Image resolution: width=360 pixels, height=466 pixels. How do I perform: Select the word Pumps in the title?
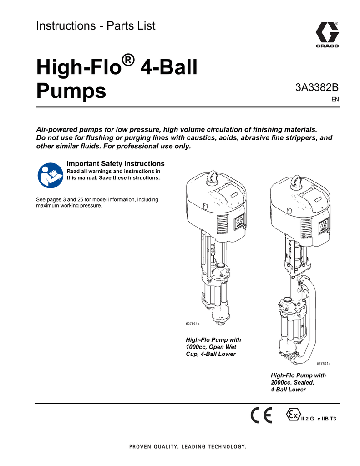(71, 91)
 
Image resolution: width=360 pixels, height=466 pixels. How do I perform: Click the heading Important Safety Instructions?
(116, 163)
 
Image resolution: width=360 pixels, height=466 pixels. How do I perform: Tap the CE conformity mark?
(262, 415)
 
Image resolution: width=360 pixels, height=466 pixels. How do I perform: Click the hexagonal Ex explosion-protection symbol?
(293, 415)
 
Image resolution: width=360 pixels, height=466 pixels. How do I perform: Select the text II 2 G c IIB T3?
(319, 419)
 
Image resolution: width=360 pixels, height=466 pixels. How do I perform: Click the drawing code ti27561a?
(193, 323)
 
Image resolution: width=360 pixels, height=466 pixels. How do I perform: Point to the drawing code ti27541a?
(323, 364)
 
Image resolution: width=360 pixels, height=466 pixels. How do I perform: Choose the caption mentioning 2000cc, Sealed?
(298, 382)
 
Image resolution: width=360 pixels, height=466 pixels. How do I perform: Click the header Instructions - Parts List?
(96, 26)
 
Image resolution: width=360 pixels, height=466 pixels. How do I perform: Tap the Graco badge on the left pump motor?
(238, 223)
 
